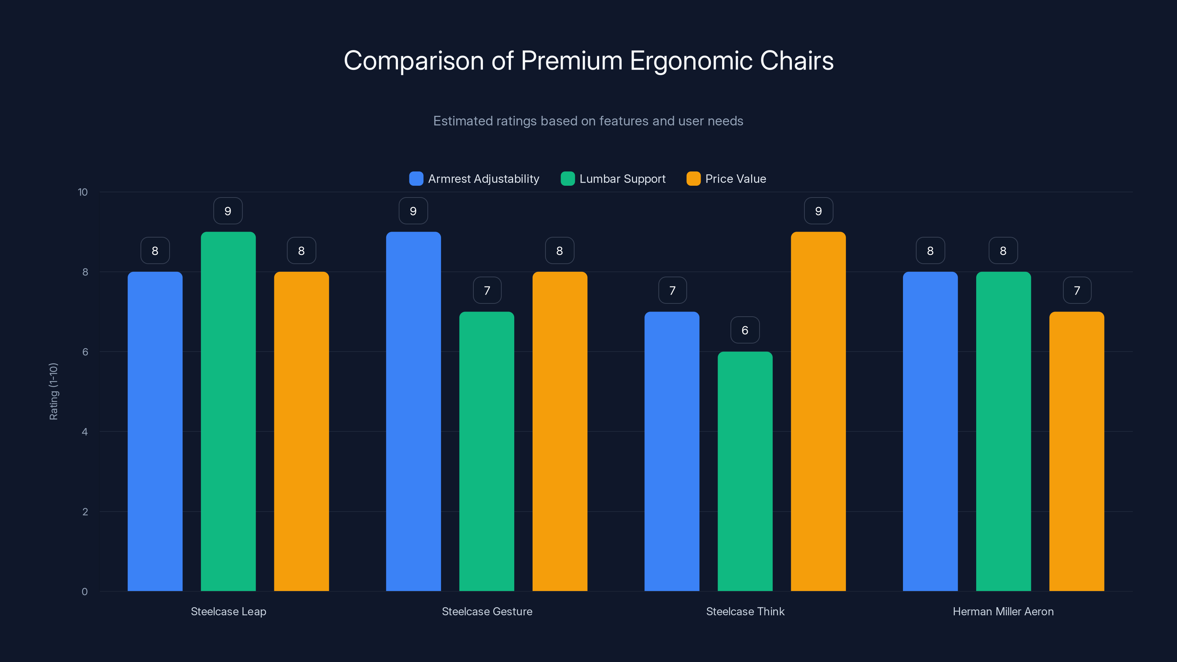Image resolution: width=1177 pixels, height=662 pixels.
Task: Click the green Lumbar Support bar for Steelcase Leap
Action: (x=228, y=411)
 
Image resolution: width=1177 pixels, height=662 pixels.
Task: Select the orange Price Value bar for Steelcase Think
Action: (x=818, y=411)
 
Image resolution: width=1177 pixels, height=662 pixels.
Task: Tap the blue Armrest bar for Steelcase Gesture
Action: (x=413, y=411)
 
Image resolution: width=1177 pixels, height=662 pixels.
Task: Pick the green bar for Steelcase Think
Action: (x=745, y=471)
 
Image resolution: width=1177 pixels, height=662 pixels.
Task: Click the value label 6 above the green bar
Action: (x=745, y=330)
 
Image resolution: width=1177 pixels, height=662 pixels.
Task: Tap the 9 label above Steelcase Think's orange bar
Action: (x=818, y=211)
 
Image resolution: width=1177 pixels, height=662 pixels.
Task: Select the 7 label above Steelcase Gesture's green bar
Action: (x=487, y=290)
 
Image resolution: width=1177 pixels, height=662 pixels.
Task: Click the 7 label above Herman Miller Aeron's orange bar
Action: (x=1077, y=290)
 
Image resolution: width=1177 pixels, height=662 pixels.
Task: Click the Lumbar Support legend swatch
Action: (x=568, y=179)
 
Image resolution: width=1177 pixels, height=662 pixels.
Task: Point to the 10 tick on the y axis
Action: (x=83, y=192)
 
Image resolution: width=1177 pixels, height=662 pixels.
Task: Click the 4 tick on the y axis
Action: (x=85, y=432)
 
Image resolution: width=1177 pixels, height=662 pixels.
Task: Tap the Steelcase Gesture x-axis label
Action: (x=487, y=611)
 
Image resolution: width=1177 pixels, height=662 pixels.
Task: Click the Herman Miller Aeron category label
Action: (x=1003, y=611)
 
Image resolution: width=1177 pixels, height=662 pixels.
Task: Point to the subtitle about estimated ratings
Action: (x=588, y=121)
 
